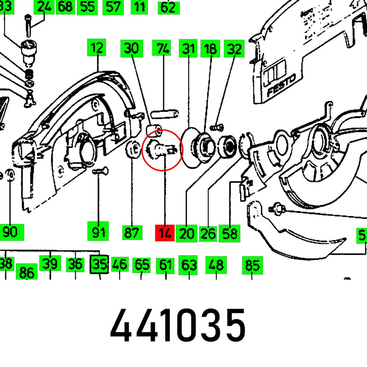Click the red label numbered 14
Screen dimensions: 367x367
(165, 233)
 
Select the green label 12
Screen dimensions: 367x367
(97, 48)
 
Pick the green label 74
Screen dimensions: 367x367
(163, 48)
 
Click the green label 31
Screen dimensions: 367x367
(188, 48)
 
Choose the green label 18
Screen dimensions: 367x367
(210, 48)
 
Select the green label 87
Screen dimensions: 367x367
(132, 233)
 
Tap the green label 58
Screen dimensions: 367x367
(229, 233)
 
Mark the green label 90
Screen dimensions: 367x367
(11, 232)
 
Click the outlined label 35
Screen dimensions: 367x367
(99, 265)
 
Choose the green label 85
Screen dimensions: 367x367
(252, 265)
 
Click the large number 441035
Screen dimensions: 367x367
(178, 325)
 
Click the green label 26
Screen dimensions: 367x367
(208, 233)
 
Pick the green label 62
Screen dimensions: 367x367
(169, 7)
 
